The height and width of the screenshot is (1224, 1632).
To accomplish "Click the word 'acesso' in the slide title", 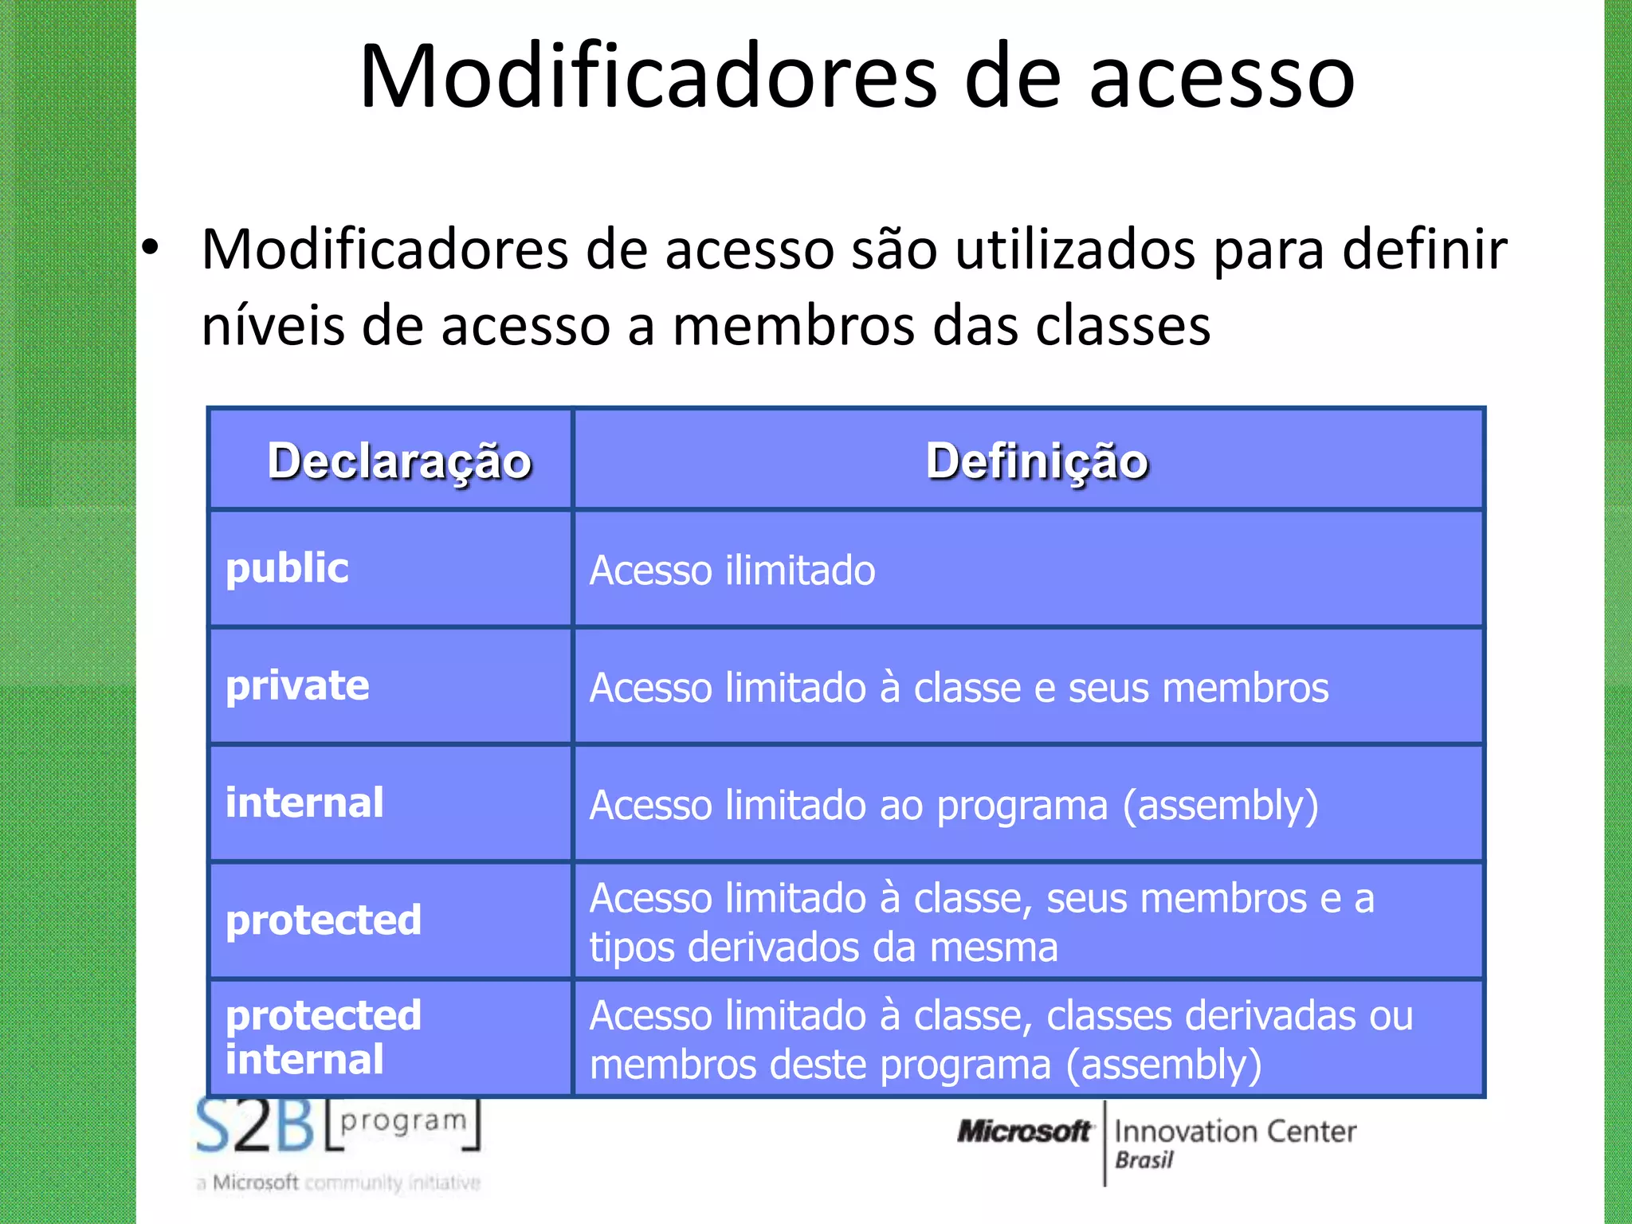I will pos(1222,78).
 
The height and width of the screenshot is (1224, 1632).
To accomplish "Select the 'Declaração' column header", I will pos(399,461).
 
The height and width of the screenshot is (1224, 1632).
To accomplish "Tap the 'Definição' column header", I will pos(1037,461).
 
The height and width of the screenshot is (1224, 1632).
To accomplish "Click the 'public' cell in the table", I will pos(288,568).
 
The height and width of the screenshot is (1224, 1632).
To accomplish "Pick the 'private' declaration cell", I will pos(297,685).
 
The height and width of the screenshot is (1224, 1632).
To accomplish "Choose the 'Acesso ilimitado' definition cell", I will pos(732,571).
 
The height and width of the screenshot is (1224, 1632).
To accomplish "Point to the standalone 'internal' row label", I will pos(304,802).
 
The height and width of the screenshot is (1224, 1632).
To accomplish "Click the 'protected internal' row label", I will pos(323,1037).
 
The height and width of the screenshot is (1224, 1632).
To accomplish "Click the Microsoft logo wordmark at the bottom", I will pos(1024,1131).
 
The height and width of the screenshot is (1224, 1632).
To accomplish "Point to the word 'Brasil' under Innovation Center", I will pos(1144,1160).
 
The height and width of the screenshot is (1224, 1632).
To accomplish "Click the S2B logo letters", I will pos(255,1126).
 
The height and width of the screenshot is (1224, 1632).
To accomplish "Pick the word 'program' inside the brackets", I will pos(403,1120).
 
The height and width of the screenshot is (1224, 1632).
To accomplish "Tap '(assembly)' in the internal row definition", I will pos(1220,806).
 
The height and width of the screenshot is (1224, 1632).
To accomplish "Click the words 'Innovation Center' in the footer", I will pos(1235,1131).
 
